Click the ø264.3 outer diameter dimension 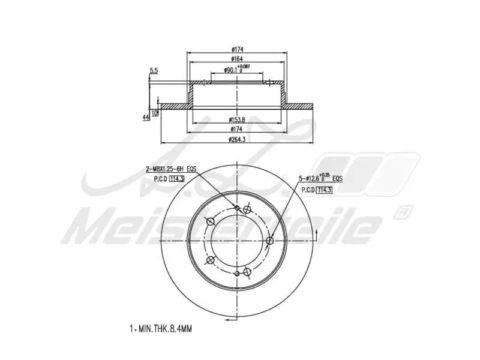238,140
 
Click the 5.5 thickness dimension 154,71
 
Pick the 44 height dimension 146,117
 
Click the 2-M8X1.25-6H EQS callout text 171,170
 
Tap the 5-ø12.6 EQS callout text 321,179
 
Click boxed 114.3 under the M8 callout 176,179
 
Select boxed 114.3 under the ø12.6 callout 325,190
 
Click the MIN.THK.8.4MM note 161,329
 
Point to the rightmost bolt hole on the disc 269,241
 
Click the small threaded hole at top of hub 238,208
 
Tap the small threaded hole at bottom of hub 238,274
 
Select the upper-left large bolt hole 211,222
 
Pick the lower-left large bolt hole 211,260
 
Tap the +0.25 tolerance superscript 325,175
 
